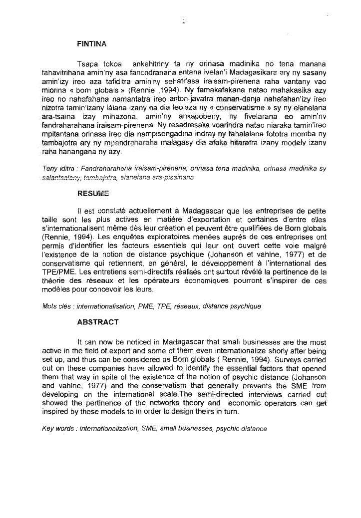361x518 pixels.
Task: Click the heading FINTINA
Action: tap(92, 44)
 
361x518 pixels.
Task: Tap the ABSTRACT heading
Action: tap(98, 322)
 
